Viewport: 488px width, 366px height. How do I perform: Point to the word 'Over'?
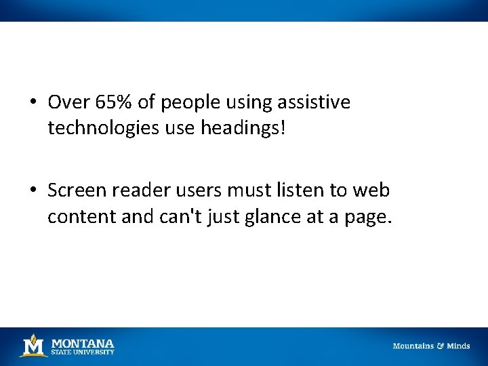(x=64, y=102)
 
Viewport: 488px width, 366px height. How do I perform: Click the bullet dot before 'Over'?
(x=33, y=103)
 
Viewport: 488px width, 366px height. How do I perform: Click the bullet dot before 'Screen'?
(x=33, y=191)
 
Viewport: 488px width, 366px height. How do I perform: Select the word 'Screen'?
(x=77, y=190)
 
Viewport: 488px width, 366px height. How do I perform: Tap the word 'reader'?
(x=136, y=190)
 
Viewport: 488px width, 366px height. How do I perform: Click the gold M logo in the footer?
(x=33, y=346)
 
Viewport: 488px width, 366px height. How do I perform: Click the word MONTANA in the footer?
(x=83, y=343)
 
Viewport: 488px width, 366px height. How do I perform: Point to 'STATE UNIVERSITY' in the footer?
(x=83, y=352)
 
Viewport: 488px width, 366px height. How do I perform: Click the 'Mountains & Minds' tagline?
(x=431, y=346)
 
